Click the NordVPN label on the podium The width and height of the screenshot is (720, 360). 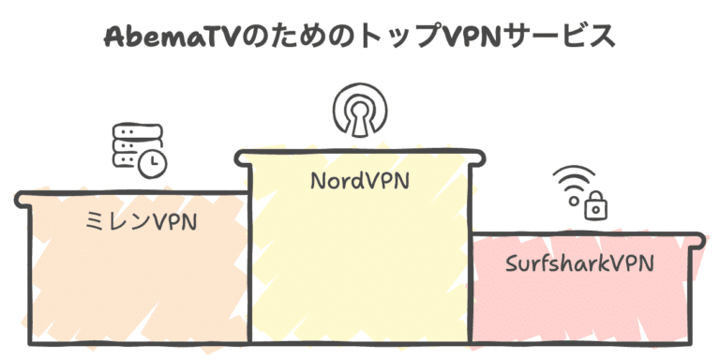point(359,179)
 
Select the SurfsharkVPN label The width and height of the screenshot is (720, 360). point(578,263)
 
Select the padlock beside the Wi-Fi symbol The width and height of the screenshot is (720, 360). point(594,205)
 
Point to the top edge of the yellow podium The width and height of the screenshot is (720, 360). point(359,151)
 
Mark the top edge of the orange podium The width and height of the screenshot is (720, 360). point(131,194)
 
